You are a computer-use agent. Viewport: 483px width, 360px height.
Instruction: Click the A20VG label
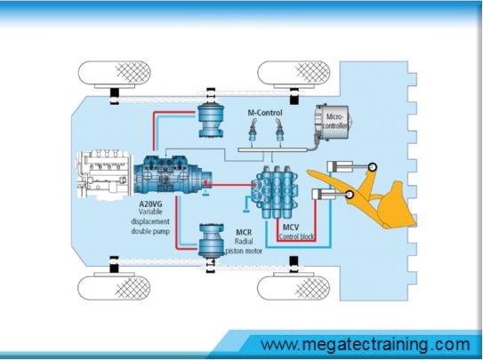pyautogui.click(x=150, y=204)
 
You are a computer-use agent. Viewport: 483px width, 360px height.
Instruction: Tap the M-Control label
pyautogui.click(x=265, y=113)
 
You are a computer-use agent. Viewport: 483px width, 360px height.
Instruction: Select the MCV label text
pyautogui.click(x=291, y=228)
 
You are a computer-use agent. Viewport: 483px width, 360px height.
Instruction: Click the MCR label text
pyautogui.click(x=244, y=232)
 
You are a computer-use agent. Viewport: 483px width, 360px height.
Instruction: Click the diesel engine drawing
pyautogui.click(x=105, y=174)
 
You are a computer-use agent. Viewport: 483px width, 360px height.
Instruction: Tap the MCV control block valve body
pyautogui.click(x=275, y=192)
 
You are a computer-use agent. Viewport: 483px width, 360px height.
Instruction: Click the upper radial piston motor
pyautogui.click(x=211, y=121)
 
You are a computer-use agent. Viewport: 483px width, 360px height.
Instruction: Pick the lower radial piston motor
pyautogui.click(x=211, y=241)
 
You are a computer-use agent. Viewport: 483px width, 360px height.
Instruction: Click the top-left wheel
pyautogui.click(x=114, y=72)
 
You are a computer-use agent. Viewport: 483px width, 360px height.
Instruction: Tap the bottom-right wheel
pyautogui.click(x=294, y=288)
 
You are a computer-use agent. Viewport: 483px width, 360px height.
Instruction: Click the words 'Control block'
pyautogui.click(x=296, y=236)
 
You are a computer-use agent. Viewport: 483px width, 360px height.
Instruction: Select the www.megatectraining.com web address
pyautogui.click(x=366, y=344)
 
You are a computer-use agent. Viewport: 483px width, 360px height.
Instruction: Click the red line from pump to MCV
pyautogui.click(x=230, y=185)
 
